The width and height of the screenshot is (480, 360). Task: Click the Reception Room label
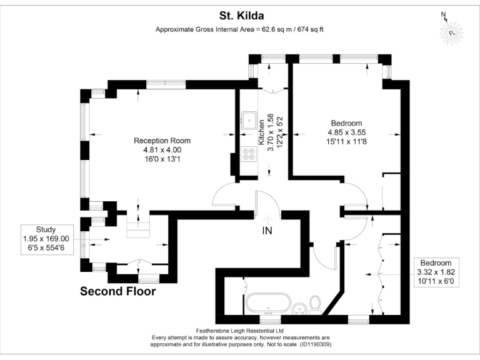coord(162,141)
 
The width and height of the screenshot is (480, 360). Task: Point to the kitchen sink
coord(249,117)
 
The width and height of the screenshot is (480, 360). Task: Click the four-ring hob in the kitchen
coord(249,154)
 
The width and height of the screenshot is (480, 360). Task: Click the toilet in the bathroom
coord(316,304)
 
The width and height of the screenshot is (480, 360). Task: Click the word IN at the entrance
coord(267,231)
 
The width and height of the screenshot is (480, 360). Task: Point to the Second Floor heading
coord(117,291)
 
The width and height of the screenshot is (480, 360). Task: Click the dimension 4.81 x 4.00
coord(162,150)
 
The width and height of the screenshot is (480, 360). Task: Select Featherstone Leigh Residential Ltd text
coord(239,331)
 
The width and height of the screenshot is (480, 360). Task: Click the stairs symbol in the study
coord(139,229)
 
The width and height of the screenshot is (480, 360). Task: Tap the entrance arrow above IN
coord(267,219)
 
